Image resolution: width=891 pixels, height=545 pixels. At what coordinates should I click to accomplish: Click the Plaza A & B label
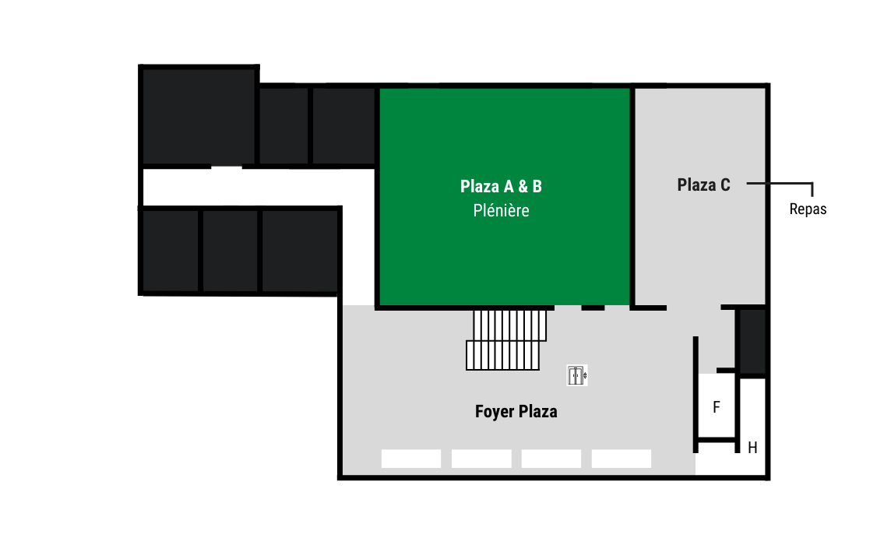[501, 186]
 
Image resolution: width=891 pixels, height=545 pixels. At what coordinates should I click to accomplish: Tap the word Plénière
[501, 210]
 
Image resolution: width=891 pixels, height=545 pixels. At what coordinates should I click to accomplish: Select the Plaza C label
[703, 185]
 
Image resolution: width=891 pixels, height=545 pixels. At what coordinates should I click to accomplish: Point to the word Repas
[808, 209]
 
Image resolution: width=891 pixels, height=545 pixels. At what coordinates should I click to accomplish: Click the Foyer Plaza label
[516, 411]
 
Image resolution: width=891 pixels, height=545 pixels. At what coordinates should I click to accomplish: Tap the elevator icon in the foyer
[577, 375]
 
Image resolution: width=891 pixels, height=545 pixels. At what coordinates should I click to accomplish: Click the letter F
[716, 407]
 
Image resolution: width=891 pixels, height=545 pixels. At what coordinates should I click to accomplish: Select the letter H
[752, 448]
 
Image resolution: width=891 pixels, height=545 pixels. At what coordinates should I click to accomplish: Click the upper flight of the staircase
[509, 325]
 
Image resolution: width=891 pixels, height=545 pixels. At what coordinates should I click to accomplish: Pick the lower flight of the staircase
[502, 355]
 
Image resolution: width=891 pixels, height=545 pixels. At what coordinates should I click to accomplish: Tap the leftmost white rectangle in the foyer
[410, 459]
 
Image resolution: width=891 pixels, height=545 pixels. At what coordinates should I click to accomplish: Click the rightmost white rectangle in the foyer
[621, 459]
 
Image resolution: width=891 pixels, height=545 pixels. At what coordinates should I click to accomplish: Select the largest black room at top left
[199, 117]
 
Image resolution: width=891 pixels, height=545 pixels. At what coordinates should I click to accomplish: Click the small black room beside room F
[752, 341]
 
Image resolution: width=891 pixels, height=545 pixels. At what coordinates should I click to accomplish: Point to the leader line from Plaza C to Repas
[780, 184]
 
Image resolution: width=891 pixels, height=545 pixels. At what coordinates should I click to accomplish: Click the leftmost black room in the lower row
[170, 251]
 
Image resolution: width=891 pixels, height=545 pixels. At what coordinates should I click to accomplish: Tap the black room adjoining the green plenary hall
[343, 125]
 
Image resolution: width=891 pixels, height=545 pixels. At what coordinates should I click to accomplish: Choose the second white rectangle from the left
[481, 459]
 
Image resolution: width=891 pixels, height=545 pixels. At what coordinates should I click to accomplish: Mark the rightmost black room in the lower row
[299, 251]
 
